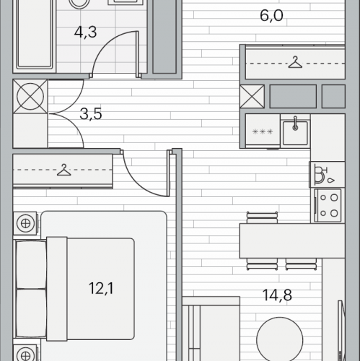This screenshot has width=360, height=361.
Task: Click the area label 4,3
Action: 85,32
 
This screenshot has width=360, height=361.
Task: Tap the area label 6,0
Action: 271,16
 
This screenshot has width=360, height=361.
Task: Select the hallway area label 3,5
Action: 91,114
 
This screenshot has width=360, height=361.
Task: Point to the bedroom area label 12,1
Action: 101,288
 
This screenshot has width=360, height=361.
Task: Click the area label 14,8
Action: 277,295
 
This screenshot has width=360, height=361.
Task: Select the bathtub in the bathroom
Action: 35,34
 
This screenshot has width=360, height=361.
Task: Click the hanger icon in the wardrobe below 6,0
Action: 295,62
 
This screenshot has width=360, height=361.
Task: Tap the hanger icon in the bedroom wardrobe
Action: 63,170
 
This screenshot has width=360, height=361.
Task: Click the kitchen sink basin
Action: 295,133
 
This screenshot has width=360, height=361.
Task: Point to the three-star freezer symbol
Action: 263,132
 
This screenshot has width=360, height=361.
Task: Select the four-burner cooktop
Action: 328,205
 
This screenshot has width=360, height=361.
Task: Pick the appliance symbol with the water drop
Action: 324,175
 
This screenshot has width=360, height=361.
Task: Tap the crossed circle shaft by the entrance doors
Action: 30,97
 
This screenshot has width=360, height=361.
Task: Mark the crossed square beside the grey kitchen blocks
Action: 252,96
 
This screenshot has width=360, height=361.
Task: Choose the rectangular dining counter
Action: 292,240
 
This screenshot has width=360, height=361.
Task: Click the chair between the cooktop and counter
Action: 262,218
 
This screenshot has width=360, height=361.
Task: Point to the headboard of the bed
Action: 57,289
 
